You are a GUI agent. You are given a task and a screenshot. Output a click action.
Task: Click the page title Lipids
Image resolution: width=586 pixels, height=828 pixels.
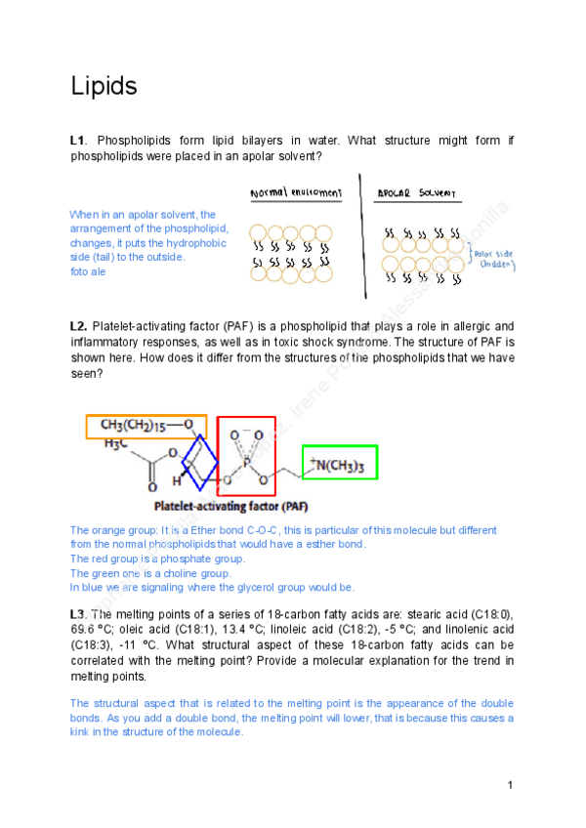(x=103, y=87)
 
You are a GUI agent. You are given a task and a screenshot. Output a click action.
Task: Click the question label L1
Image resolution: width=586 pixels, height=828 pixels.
(x=78, y=142)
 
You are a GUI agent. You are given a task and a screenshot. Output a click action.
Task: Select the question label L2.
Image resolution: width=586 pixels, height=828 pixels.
(x=79, y=325)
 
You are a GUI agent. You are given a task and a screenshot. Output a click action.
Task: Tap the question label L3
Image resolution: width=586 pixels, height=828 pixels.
(x=79, y=613)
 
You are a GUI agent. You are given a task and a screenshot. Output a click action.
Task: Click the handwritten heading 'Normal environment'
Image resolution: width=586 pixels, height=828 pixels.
(x=296, y=193)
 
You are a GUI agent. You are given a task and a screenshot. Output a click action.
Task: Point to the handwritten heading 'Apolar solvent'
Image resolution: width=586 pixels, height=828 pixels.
(x=416, y=193)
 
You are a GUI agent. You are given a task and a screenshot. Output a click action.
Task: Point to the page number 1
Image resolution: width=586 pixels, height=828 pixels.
(x=510, y=785)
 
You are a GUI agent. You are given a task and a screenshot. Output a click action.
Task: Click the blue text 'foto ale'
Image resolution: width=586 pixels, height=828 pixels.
(x=88, y=271)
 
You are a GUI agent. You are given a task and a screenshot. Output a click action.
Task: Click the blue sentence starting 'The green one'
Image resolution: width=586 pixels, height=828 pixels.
(x=150, y=573)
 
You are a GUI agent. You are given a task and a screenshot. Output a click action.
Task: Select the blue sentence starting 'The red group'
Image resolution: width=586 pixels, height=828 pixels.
(x=157, y=559)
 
